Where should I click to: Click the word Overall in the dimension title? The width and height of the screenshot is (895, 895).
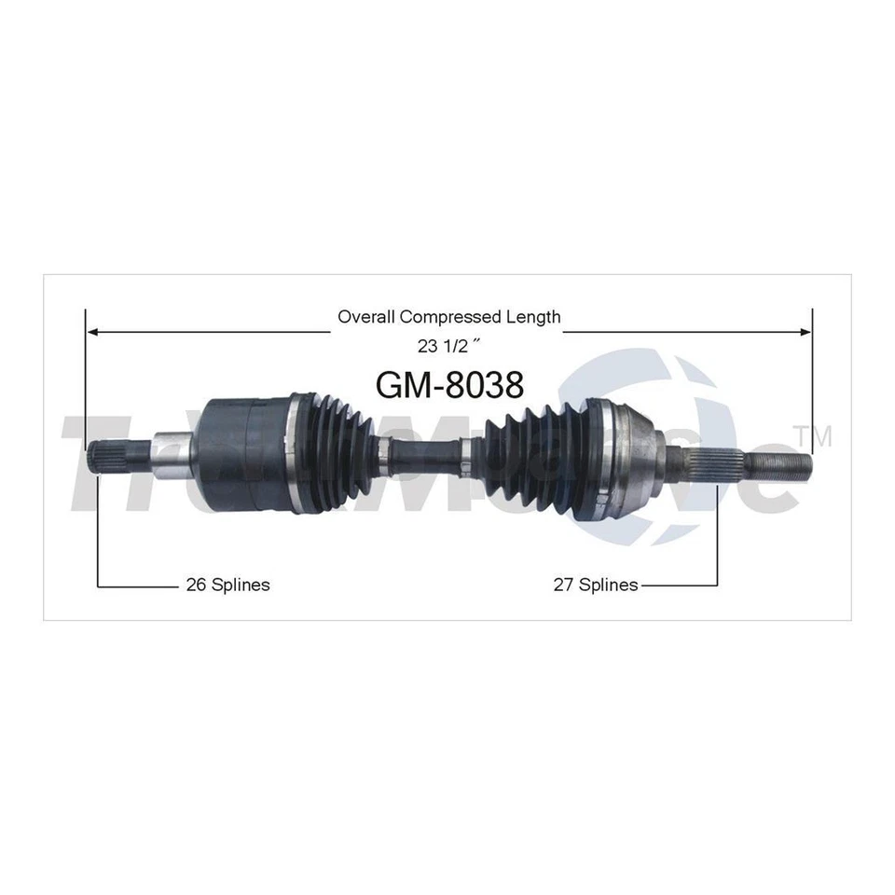point(366,317)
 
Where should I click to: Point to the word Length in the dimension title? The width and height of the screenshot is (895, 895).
point(535,317)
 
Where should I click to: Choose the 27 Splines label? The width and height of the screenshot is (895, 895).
point(595,585)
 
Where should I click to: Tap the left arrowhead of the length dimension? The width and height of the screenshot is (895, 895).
point(91,331)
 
